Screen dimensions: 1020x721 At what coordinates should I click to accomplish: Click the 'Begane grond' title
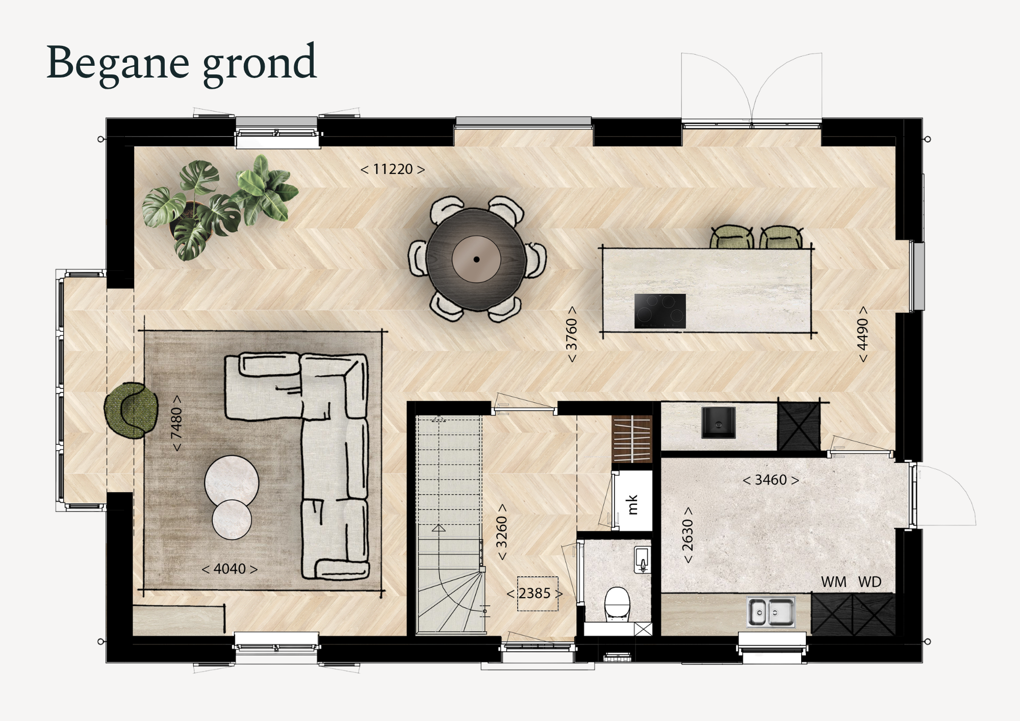pos(181,63)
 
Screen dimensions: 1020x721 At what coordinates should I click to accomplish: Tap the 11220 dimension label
pos(393,169)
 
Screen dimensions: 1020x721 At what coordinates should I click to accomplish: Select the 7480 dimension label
pos(176,423)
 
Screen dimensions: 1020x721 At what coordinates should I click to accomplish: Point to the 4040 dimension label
pos(229,569)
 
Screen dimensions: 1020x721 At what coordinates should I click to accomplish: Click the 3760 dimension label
pos(572,334)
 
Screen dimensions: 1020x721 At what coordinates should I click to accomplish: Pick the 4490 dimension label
pos(862,334)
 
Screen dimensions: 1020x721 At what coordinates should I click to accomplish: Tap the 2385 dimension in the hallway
pos(534,594)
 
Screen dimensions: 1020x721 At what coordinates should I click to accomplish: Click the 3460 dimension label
pos(771,480)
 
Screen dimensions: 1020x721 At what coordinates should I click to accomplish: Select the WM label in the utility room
pos(834,582)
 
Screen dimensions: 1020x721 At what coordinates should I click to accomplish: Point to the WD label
pos(870,582)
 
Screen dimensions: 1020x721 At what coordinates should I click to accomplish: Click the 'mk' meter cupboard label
pos(632,504)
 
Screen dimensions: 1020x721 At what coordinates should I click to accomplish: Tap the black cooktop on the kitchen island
pos(660,311)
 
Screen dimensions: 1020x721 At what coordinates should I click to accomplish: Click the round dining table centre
pos(476,259)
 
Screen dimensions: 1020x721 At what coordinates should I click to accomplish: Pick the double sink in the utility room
pos(771,612)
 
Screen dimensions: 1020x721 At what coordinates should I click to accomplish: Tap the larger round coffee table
pos(232,482)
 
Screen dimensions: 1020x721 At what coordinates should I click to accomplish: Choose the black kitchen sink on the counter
pos(719,423)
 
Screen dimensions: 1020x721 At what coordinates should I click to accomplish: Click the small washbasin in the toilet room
pos(643,560)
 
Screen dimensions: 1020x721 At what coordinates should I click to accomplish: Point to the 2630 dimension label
pos(687,535)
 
